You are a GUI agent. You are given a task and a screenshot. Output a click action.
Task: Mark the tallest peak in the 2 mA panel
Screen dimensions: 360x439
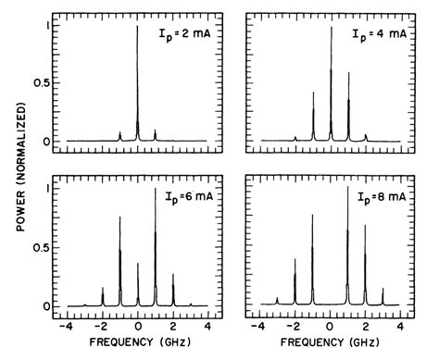(x=137, y=28)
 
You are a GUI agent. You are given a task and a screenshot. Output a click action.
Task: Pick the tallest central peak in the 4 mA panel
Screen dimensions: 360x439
(x=331, y=28)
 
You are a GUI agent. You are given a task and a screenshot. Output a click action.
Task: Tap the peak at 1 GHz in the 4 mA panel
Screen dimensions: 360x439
(x=348, y=73)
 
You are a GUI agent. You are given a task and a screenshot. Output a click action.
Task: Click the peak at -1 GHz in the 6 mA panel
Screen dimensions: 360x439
(x=119, y=217)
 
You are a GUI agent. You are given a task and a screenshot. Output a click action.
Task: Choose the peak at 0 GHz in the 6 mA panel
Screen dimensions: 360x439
(x=137, y=264)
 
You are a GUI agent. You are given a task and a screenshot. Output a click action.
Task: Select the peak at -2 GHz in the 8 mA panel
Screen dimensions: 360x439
(x=295, y=260)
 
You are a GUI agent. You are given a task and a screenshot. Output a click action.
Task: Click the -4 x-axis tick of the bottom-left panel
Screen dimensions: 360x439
(x=66, y=327)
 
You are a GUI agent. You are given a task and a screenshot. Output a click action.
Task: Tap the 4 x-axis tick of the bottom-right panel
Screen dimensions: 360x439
(x=399, y=327)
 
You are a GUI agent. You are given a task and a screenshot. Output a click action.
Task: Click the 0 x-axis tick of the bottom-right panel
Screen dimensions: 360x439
(x=331, y=327)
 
